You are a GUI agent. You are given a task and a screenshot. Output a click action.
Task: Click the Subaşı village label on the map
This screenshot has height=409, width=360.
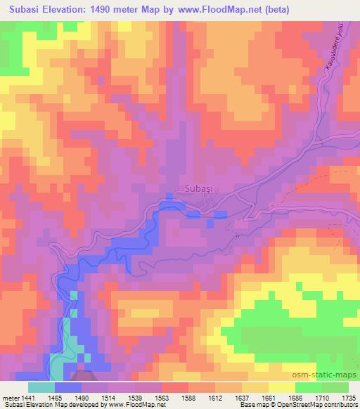point(200,188)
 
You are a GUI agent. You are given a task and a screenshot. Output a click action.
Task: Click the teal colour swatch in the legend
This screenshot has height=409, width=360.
point(41,387)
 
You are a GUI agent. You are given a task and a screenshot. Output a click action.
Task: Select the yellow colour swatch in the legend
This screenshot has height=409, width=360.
point(281,387)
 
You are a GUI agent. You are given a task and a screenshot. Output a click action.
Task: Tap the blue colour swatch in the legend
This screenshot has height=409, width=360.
point(68,387)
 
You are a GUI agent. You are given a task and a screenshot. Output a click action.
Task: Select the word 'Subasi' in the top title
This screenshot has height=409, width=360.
point(22,10)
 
